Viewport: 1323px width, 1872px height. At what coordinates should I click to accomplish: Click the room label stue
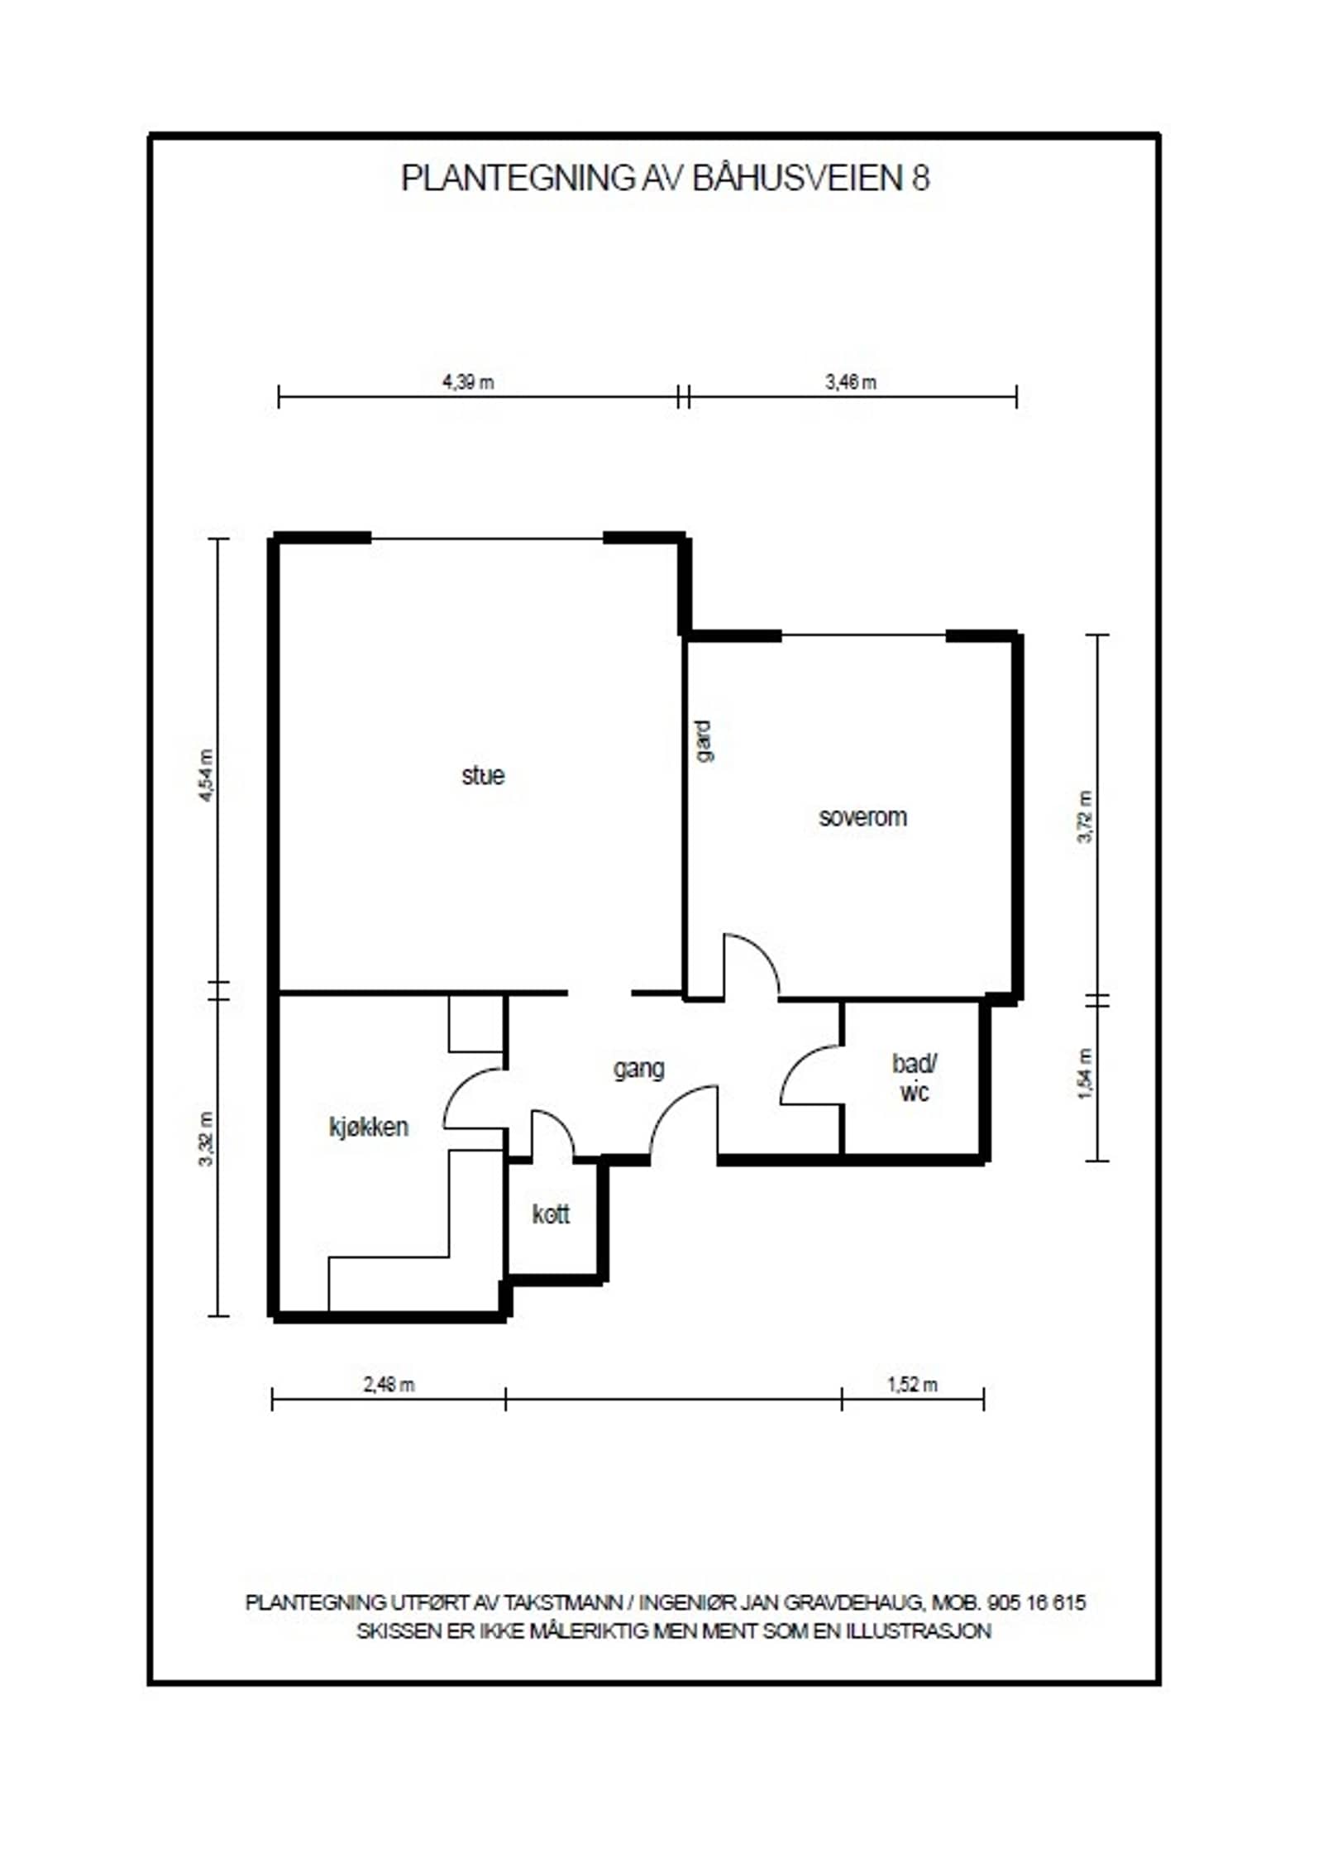click(482, 776)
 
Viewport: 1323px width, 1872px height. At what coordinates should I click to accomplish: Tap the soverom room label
click(862, 817)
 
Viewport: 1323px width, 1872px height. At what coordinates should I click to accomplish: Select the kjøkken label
click(369, 1127)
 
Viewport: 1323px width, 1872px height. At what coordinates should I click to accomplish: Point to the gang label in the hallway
click(638, 1069)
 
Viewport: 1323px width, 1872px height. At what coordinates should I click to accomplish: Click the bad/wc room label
click(914, 1078)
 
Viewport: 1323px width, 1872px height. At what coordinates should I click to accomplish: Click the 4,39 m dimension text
click(468, 382)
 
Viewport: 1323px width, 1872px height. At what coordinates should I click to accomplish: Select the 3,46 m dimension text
click(850, 382)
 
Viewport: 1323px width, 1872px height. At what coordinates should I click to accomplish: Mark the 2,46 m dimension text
click(389, 1385)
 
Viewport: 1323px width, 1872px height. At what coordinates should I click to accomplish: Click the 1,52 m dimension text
click(913, 1385)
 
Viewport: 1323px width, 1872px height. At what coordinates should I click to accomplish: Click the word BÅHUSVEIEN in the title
click(798, 178)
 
